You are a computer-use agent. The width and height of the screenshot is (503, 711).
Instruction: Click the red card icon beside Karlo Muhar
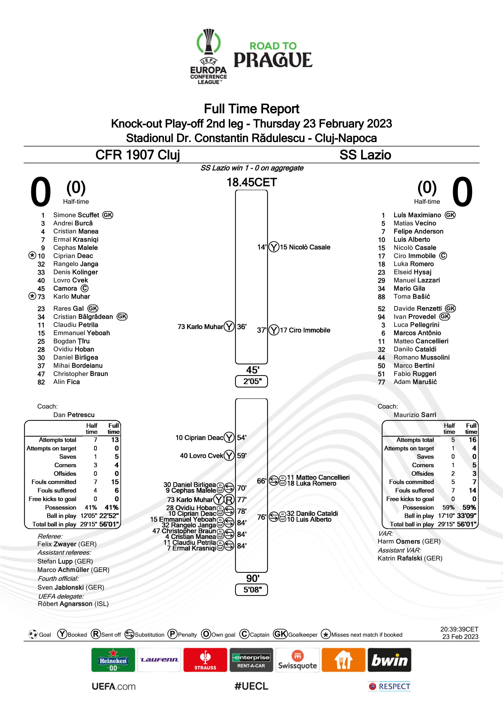point(229,500)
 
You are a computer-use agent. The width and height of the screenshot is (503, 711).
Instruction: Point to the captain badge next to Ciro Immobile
point(443,256)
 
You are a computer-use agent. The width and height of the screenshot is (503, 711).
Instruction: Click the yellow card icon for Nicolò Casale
point(273,247)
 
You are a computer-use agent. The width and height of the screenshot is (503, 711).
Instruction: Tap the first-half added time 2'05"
point(252,381)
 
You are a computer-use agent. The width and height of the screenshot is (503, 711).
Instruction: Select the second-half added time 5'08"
point(252,590)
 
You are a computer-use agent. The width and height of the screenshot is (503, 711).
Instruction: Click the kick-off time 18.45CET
point(252,182)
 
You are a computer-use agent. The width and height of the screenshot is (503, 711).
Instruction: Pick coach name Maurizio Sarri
point(415,415)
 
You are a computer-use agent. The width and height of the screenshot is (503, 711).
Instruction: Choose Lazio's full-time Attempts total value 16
point(472,440)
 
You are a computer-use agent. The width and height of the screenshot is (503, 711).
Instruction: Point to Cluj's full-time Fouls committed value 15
point(115,482)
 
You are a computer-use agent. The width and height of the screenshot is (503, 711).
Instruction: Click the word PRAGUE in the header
point(273,60)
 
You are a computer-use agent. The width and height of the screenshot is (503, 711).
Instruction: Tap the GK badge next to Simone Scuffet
point(108,215)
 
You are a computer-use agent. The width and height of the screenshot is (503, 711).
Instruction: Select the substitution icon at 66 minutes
point(274,481)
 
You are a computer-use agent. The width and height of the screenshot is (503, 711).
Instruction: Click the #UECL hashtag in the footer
point(252,686)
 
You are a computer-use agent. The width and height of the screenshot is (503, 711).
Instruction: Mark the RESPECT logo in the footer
point(389,686)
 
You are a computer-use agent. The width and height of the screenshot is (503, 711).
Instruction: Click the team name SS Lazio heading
point(365,155)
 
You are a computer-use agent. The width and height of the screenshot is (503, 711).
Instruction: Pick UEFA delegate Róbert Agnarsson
point(73,604)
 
